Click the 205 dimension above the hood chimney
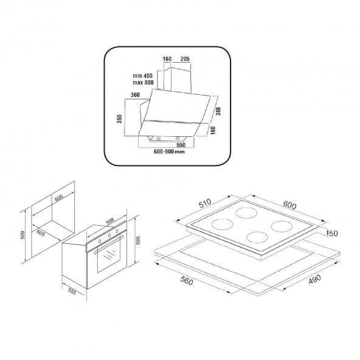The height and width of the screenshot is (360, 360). point(185,59)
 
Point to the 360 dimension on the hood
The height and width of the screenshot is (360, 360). point(136,95)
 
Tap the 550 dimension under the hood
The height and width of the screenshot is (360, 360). point(181,145)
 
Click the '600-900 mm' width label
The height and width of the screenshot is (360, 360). point(168,152)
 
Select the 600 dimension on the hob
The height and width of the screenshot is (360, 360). point(290,206)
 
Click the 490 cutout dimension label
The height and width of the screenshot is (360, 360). point(315,279)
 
